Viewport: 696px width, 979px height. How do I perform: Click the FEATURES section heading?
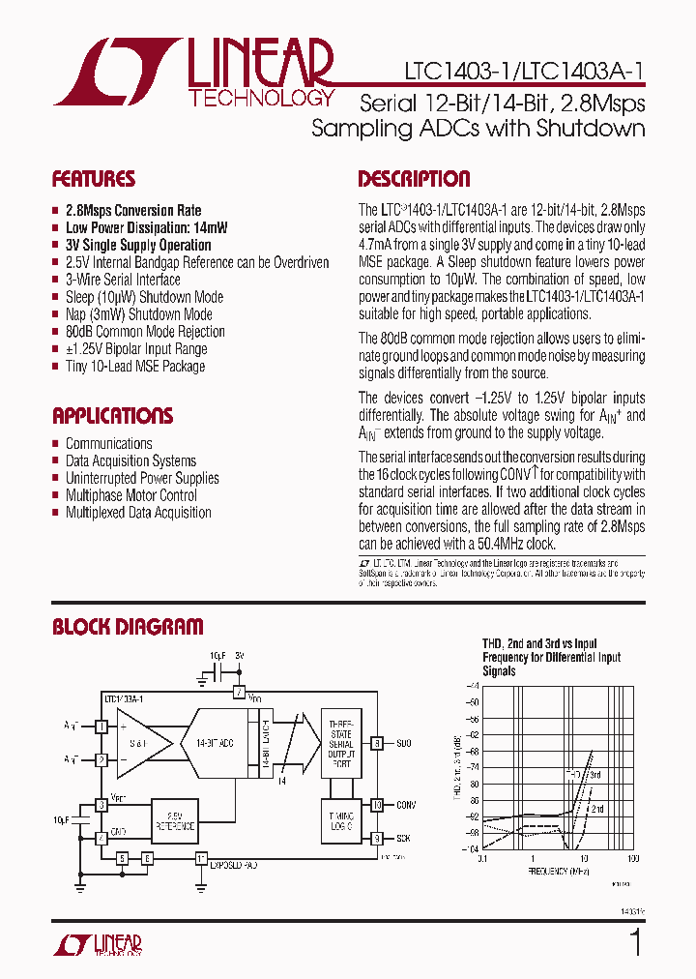pos(94,179)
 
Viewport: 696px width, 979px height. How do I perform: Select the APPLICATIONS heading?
pos(112,416)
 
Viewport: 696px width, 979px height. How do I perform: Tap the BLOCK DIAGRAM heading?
pos(128,627)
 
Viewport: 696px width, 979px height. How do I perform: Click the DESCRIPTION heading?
pos(414,179)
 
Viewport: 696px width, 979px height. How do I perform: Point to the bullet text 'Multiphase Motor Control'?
pos(131,495)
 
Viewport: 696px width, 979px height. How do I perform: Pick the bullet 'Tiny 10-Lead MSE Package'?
pos(135,367)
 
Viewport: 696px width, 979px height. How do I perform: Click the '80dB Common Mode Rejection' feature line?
pos(145,332)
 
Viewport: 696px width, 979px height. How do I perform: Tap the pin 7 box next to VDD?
pos(239,693)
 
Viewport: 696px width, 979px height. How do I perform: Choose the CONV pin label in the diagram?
pos(406,804)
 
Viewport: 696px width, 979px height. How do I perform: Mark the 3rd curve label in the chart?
pos(595,775)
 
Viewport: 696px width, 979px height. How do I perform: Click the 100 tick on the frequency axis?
pos(633,859)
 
